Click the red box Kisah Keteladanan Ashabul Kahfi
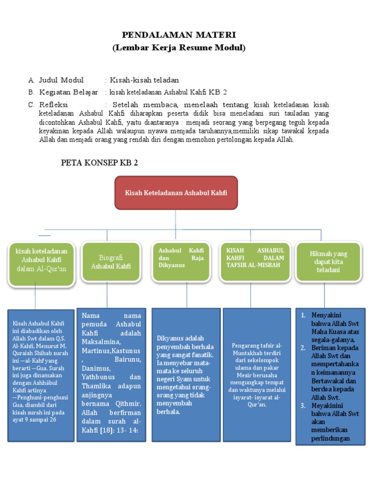pos(176,193)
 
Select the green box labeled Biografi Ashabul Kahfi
pos(111,262)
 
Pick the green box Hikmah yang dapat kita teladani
pos(328,262)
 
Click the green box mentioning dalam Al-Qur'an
pos(41,262)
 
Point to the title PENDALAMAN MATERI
pos(179,35)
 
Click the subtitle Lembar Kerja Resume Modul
pos(179,48)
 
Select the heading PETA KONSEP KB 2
pos(99,162)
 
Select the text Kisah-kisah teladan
pos(144,80)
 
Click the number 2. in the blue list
pos(303,347)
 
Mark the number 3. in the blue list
pos(303,405)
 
